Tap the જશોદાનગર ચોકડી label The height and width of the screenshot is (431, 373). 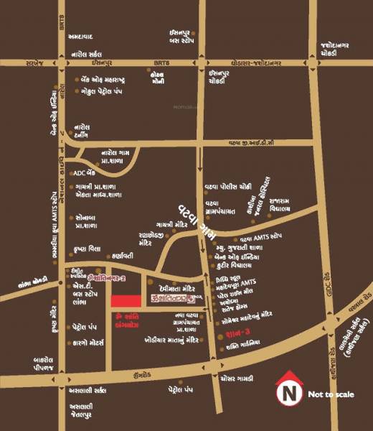(x=335, y=48)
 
